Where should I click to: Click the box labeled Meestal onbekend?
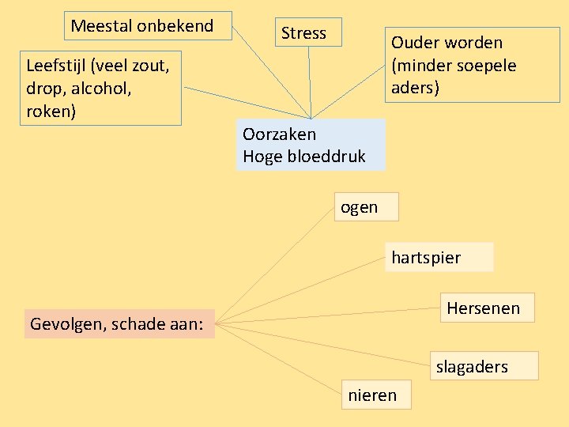pyautogui.click(x=149, y=26)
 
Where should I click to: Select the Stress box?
pyautogui.click(x=309, y=32)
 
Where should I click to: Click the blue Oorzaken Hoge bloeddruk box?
pyautogui.click(x=310, y=145)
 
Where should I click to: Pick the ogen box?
pyautogui.click(x=365, y=207)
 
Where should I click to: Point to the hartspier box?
pyautogui.click(x=439, y=257)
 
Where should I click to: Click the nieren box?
pyautogui.click(x=377, y=395)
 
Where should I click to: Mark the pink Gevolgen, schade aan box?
pyautogui.click(x=119, y=323)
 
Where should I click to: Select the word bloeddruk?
pyautogui.click(x=326, y=157)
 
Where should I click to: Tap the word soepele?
pyautogui.click(x=486, y=65)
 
